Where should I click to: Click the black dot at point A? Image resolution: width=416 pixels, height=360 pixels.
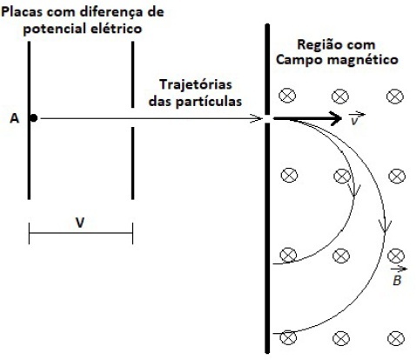point(34,118)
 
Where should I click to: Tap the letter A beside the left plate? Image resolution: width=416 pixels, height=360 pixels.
point(15,118)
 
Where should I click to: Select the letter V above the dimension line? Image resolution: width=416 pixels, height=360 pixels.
point(80,223)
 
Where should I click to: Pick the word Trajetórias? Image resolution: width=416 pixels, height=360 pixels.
point(196,85)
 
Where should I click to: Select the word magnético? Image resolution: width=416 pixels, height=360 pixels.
point(362,60)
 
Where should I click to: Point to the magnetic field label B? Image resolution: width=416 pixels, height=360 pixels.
point(397,277)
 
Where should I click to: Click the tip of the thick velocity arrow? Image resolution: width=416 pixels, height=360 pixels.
point(342,118)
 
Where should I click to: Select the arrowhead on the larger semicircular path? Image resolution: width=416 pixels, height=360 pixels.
point(385,228)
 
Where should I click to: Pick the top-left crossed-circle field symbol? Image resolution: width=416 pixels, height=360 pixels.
point(287,96)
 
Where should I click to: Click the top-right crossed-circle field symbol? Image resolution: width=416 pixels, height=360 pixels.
point(395,97)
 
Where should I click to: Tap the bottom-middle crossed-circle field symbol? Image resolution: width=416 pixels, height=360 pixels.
point(341,338)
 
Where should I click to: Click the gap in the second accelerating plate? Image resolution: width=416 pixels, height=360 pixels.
point(133,117)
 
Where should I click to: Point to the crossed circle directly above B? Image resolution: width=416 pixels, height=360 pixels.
point(396,256)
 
